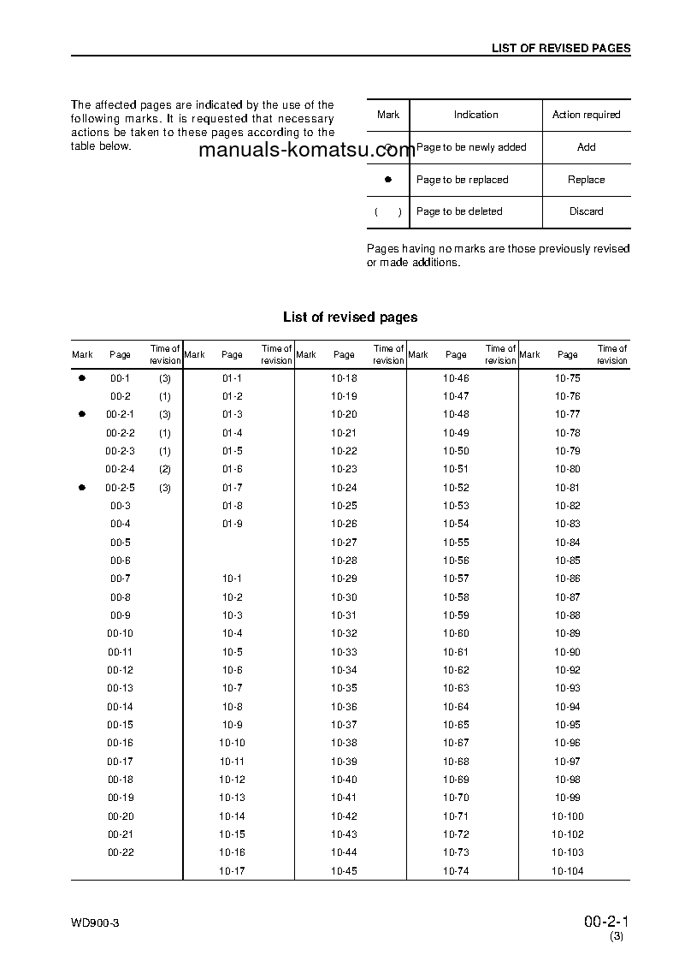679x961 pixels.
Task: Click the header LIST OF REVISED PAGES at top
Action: (x=560, y=48)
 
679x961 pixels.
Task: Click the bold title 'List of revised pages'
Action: (x=350, y=317)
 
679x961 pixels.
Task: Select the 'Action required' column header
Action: (x=586, y=115)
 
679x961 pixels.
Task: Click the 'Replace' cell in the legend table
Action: (x=586, y=180)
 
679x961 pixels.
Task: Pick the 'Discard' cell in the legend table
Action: (x=586, y=211)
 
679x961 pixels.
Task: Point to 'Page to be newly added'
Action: (x=471, y=147)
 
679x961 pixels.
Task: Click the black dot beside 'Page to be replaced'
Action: (x=387, y=180)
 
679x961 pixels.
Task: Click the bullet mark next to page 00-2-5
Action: (x=82, y=487)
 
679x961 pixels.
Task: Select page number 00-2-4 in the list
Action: (x=120, y=469)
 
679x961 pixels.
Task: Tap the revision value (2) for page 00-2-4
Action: (x=165, y=469)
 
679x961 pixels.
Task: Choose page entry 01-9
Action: (x=233, y=524)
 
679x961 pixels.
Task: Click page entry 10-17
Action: (x=232, y=871)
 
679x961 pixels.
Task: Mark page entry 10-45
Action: (x=344, y=871)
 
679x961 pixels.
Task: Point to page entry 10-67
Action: (x=456, y=743)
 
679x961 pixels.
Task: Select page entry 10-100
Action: (x=567, y=816)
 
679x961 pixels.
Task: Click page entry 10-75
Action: (x=567, y=377)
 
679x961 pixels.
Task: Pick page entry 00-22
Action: (x=120, y=852)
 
